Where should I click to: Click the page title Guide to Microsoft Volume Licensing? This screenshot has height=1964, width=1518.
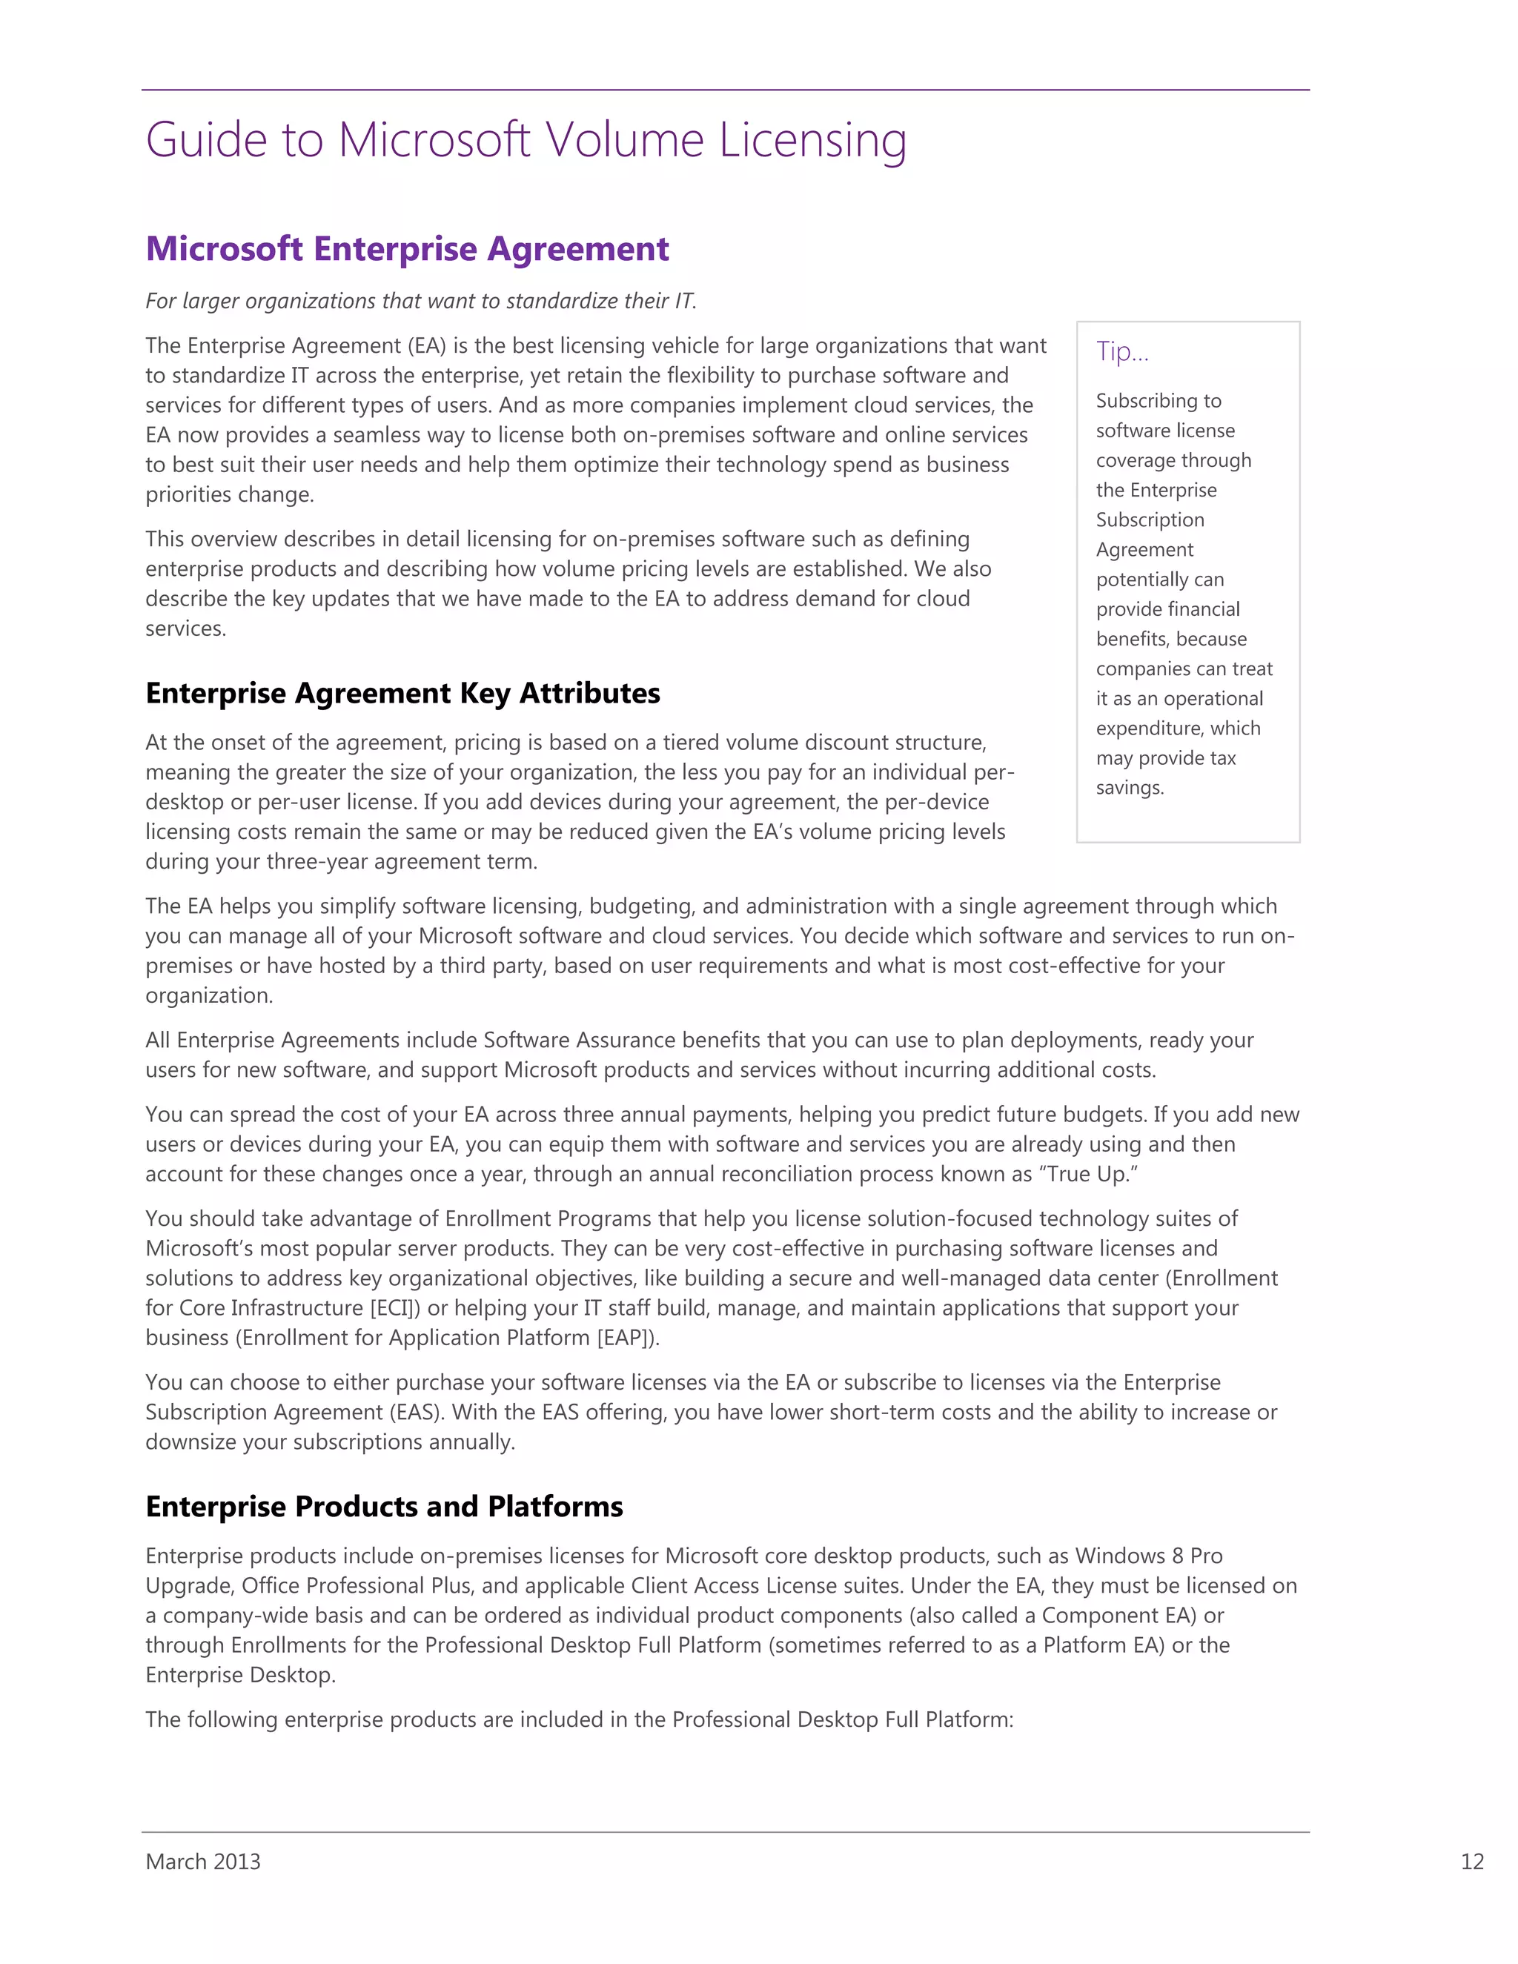pos(526,140)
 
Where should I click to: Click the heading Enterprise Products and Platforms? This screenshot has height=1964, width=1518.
pos(384,1506)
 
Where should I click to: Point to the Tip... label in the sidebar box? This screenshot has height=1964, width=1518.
pos(1121,351)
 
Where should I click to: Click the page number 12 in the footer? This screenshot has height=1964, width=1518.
pos(1471,1862)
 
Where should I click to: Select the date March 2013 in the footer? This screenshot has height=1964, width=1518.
pos(202,1862)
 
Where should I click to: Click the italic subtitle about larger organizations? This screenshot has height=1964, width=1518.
pos(421,301)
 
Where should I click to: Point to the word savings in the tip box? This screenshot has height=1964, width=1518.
pos(1129,789)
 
